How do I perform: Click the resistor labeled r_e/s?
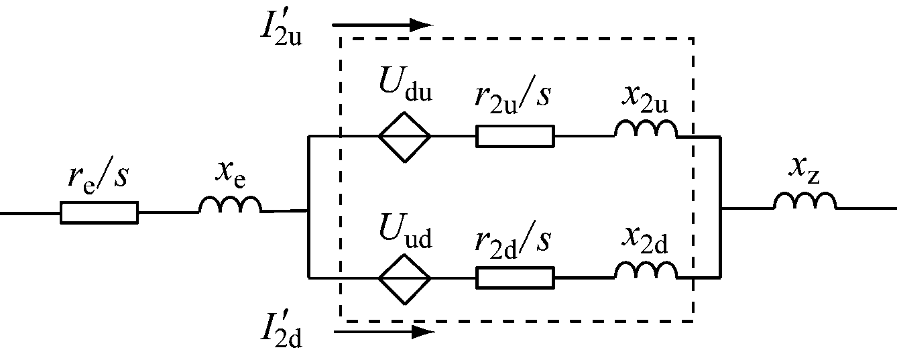tap(99, 213)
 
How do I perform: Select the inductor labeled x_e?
tap(230, 205)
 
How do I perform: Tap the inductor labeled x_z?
tap(804, 201)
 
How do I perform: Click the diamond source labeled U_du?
tap(404, 136)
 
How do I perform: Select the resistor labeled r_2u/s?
tap(515, 136)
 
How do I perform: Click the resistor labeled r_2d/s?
tap(515, 277)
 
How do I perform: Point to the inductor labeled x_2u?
tap(646, 129)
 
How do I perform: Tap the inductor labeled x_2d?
tap(646, 269)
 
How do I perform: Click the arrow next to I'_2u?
tap(383, 25)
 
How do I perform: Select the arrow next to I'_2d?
tap(383, 331)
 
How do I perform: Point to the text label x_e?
tap(230, 173)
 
